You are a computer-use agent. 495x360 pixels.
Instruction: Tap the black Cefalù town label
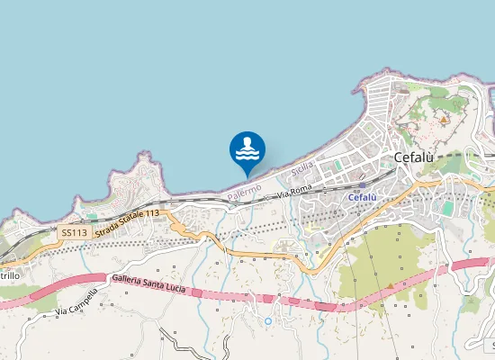point(414,157)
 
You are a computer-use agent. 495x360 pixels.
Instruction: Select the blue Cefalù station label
point(361,197)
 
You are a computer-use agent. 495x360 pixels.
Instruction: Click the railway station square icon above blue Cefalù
point(362,185)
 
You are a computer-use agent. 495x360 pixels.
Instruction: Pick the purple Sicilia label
point(303,166)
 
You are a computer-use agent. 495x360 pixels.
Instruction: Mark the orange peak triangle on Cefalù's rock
point(443,118)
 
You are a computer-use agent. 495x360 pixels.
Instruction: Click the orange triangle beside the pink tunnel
point(390,285)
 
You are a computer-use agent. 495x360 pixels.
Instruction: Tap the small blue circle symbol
point(267,320)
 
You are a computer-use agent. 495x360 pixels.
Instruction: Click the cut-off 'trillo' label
point(9,274)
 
